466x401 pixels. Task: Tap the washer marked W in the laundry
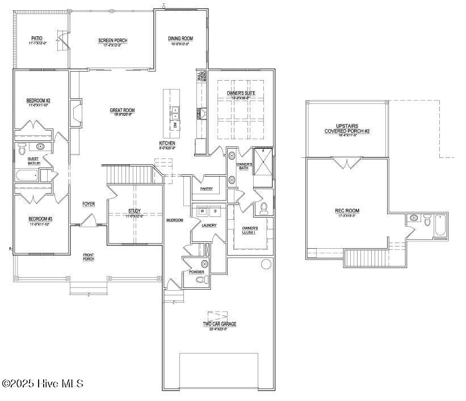(x=201, y=211)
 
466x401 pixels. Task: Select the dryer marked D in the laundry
(x=215, y=211)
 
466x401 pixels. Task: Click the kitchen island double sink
(x=175, y=113)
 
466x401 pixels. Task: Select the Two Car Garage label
(x=220, y=324)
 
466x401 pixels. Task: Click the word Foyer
(x=89, y=203)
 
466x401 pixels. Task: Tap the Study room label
(x=134, y=211)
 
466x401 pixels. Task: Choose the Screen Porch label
(x=112, y=40)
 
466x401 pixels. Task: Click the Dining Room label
(x=180, y=39)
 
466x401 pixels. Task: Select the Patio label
(x=36, y=39)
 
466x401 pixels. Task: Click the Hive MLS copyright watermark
(x=43, y=384)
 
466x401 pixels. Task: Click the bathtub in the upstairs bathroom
(x=440, y=225)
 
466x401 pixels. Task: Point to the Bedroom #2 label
(x=39, y=101)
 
